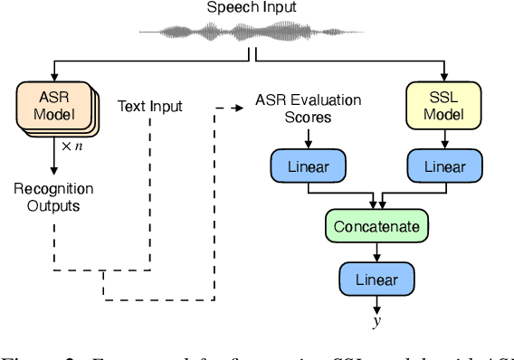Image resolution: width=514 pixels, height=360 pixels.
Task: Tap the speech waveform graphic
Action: pos(251,33)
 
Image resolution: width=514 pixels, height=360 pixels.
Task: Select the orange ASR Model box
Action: pos(53,107)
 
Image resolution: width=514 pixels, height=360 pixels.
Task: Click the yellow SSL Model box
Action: pos(444,106)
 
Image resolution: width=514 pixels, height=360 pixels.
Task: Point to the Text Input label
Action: pos(149,107)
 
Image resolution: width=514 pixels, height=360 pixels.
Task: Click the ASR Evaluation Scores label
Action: pos(308,108)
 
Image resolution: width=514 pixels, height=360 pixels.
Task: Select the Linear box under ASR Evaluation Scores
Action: pos(308,166)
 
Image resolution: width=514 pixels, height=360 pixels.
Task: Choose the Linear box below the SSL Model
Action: pos(444,166)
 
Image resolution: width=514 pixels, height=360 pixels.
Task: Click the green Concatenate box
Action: pos(376,225)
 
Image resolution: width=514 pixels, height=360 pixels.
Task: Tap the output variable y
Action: pos(376,322)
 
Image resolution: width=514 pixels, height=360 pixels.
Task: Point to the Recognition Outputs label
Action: pos(52,196)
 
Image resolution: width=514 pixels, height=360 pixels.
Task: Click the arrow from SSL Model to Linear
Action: pos(444,139)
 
